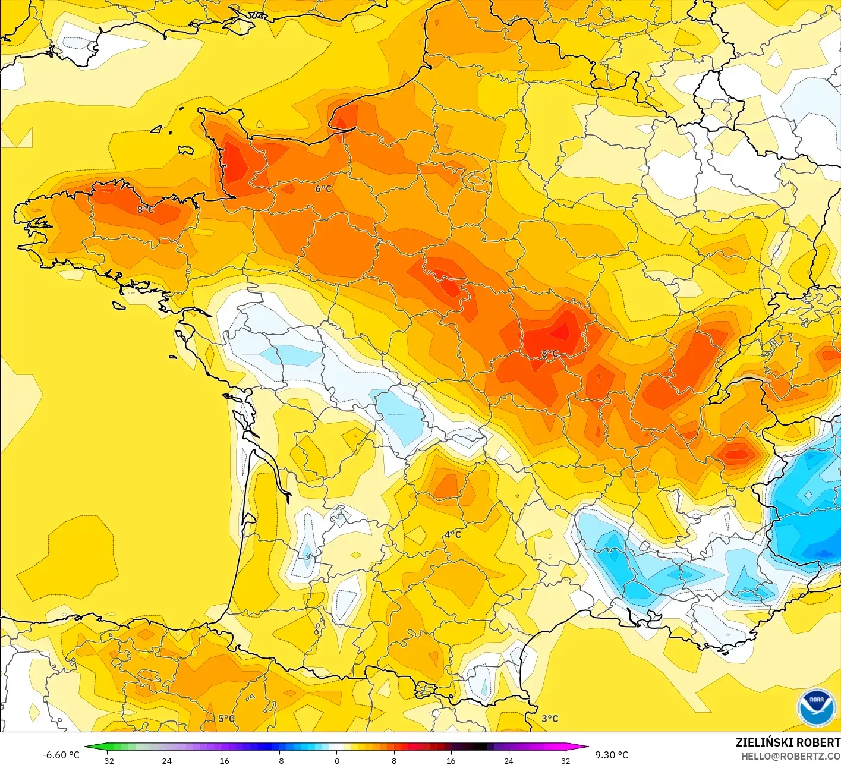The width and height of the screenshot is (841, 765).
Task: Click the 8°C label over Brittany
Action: [146, 209]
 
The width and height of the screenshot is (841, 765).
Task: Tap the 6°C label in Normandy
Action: [323, 188]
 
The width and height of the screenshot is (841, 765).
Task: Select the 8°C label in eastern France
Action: [550, 354]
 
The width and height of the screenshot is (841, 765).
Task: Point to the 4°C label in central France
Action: [453, 534]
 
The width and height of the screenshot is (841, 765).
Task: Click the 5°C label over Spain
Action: [226, 718]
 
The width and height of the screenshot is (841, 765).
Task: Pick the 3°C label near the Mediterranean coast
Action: [550, 718]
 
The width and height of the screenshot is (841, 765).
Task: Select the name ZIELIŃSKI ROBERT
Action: [788, 742]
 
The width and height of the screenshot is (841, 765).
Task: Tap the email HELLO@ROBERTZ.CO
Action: [790, 755]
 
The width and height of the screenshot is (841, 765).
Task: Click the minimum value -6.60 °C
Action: [61, 755]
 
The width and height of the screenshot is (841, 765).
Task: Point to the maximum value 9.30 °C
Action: [612, 755]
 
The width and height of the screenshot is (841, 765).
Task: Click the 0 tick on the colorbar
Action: [336, 760]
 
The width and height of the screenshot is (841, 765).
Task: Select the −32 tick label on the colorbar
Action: [107, 760]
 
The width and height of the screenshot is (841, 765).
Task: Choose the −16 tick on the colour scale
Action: [222, 760]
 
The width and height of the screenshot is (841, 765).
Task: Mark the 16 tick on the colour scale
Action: [451, 760]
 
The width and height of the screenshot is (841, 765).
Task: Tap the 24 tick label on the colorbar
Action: [508, 760]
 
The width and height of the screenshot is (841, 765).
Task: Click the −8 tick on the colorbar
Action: [279, 760]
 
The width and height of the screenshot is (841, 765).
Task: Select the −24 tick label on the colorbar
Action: [164, 760]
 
